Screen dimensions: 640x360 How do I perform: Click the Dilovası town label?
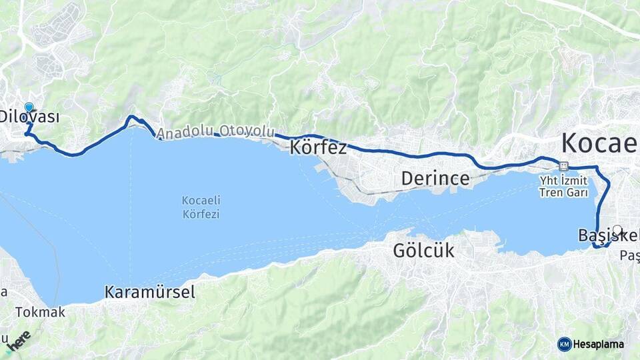pos(29,117)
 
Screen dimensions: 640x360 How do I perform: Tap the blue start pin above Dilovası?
pos(29,107)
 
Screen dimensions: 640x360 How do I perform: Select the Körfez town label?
pos(318,147)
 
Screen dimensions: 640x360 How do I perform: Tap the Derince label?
pos(435,179)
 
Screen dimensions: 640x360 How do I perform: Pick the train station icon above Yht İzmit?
pos(564,167)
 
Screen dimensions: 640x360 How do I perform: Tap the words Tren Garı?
pos(564,193)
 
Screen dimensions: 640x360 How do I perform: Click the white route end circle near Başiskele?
pos(617,230)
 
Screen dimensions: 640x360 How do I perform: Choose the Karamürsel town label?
pos(149,292)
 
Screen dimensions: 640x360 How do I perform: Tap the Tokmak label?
pos(41,312)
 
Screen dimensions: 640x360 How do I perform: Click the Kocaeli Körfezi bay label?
pos(201,207)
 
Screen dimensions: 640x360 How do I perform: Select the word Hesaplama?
pos(598,344)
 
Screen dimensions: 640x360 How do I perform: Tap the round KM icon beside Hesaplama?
pos(564,344)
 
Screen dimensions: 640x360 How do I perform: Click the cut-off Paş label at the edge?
pos(629,255)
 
